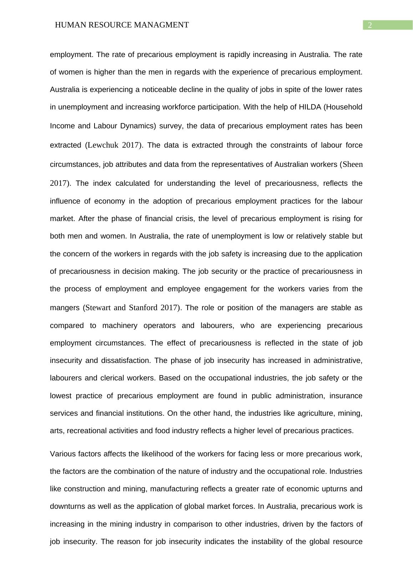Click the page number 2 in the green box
point(370,25)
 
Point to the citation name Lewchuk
point(103,145)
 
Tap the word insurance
point(346,396)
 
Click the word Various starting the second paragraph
point(62,454)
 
